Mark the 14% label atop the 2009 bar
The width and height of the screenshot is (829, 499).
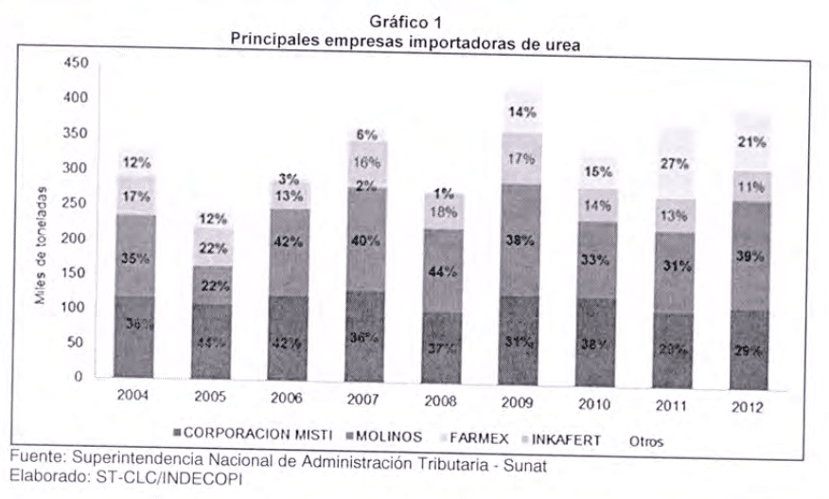tap(520, 112)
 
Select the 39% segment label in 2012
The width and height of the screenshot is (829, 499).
tap(749, 256)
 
